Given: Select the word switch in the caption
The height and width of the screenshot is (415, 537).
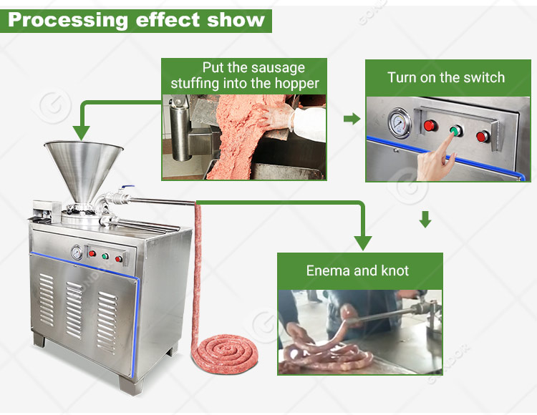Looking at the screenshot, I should click(480, 77).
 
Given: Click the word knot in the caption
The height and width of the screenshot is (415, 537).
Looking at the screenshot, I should click(393, 270).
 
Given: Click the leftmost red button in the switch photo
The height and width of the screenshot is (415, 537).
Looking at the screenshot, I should click(429, 126).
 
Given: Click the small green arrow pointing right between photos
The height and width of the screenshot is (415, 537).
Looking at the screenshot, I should click(352, 118).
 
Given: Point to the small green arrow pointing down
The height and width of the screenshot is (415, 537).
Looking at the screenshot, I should click(425, 220).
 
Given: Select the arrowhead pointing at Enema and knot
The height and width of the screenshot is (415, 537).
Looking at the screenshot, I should click(363, 243).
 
